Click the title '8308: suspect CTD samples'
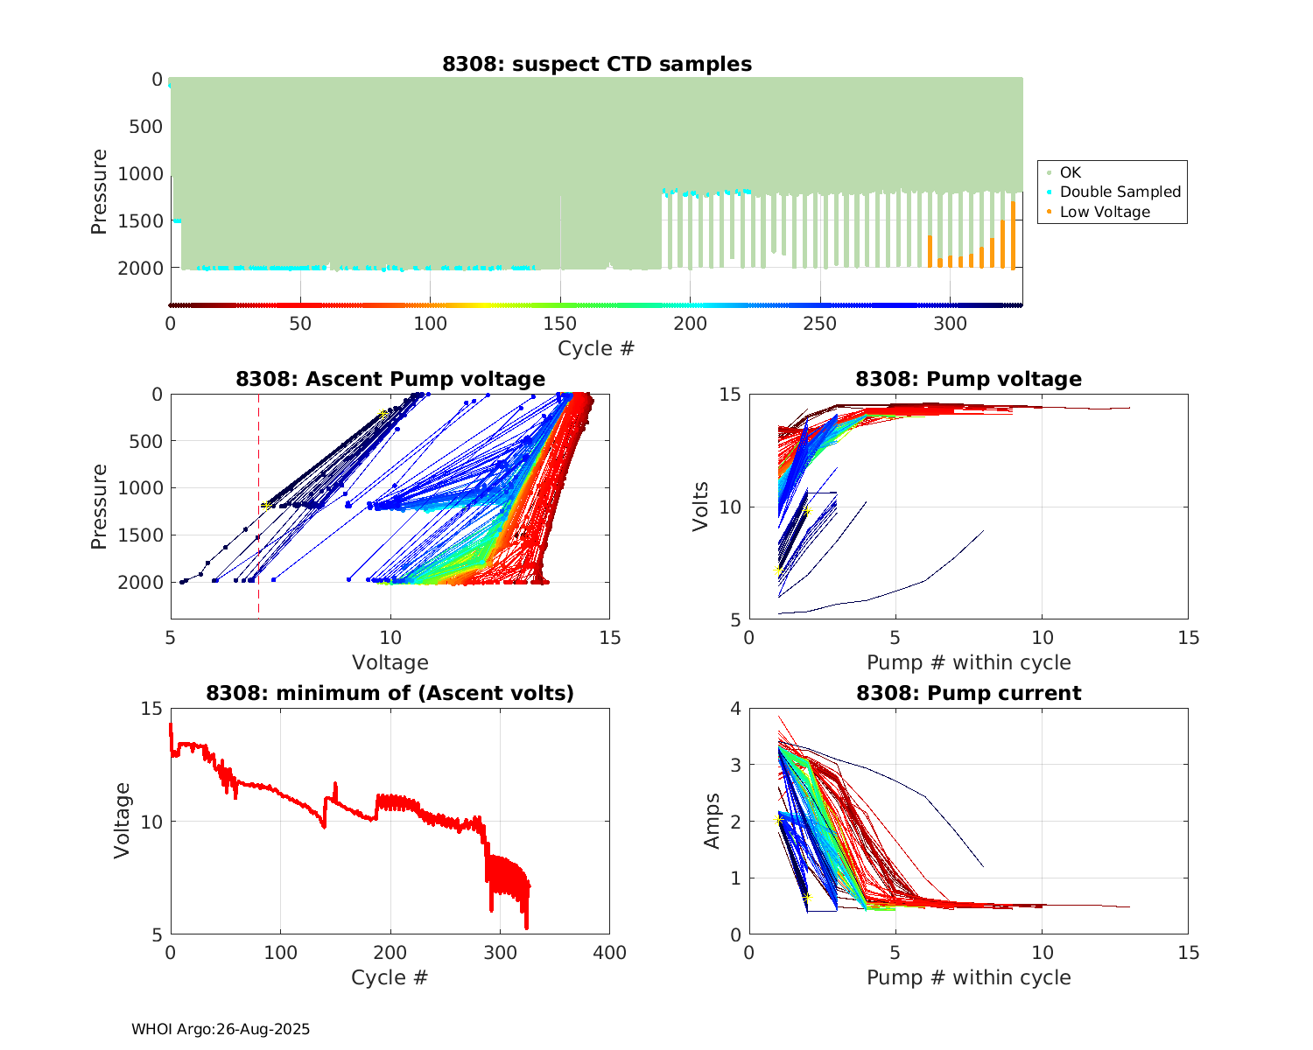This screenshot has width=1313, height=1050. click(596, 64)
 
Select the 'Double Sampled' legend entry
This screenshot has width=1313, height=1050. click(1120, 192)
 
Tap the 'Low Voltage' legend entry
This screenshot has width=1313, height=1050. click(1105, 212)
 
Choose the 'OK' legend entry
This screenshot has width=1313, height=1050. click(1070, 172)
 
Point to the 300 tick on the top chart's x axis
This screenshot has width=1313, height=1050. click(951, 324)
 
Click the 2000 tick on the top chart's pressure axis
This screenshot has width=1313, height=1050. click(140, 268)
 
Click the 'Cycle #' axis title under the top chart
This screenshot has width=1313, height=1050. click(596, 348)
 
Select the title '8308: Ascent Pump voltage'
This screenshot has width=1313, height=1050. click(390, 379)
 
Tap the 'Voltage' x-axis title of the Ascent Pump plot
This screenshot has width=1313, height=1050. click(390, 662)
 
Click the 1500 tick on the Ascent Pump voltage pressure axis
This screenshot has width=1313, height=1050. click(140, 535)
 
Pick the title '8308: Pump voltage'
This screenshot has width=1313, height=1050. click(968, 379)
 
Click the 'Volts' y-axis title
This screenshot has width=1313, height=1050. click(700, 507)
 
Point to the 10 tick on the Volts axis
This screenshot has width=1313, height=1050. click(730, 507)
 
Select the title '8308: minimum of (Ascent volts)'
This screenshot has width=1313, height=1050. click(390, 693)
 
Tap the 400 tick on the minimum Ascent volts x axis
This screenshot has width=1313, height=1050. click(609, 953)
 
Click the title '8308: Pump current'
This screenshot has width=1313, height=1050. click(968, 693)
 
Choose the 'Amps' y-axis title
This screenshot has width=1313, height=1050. click(713, 821)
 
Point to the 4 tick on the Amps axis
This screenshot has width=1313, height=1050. click(735, 709)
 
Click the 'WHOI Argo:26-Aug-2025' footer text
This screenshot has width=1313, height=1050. click(221, 1029)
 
